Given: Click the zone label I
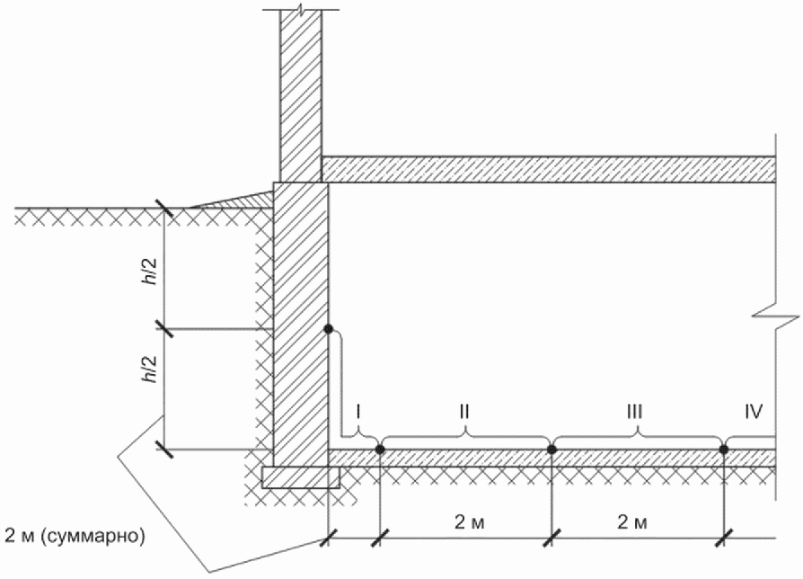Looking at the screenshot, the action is pos(358,411).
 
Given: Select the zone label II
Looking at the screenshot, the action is pos(464,411).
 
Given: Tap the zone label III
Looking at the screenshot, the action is pos(634,411).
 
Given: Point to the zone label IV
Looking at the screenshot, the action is pos(754,411).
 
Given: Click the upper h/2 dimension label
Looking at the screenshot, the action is pos(152,272).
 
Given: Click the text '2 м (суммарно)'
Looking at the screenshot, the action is pos(75,536).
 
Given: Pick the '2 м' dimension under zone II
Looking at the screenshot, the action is pos(469,522).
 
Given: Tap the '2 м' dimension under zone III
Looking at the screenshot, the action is pos(632,522).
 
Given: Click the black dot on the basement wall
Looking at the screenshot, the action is pos(328,328).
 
